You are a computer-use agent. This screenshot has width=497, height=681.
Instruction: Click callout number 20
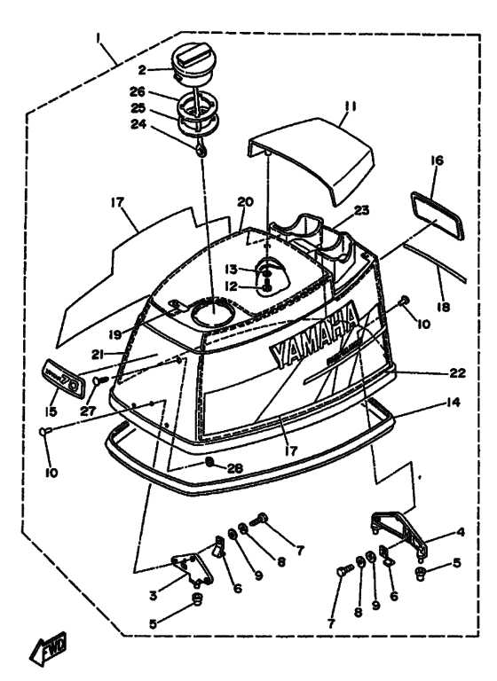point(246,202)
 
